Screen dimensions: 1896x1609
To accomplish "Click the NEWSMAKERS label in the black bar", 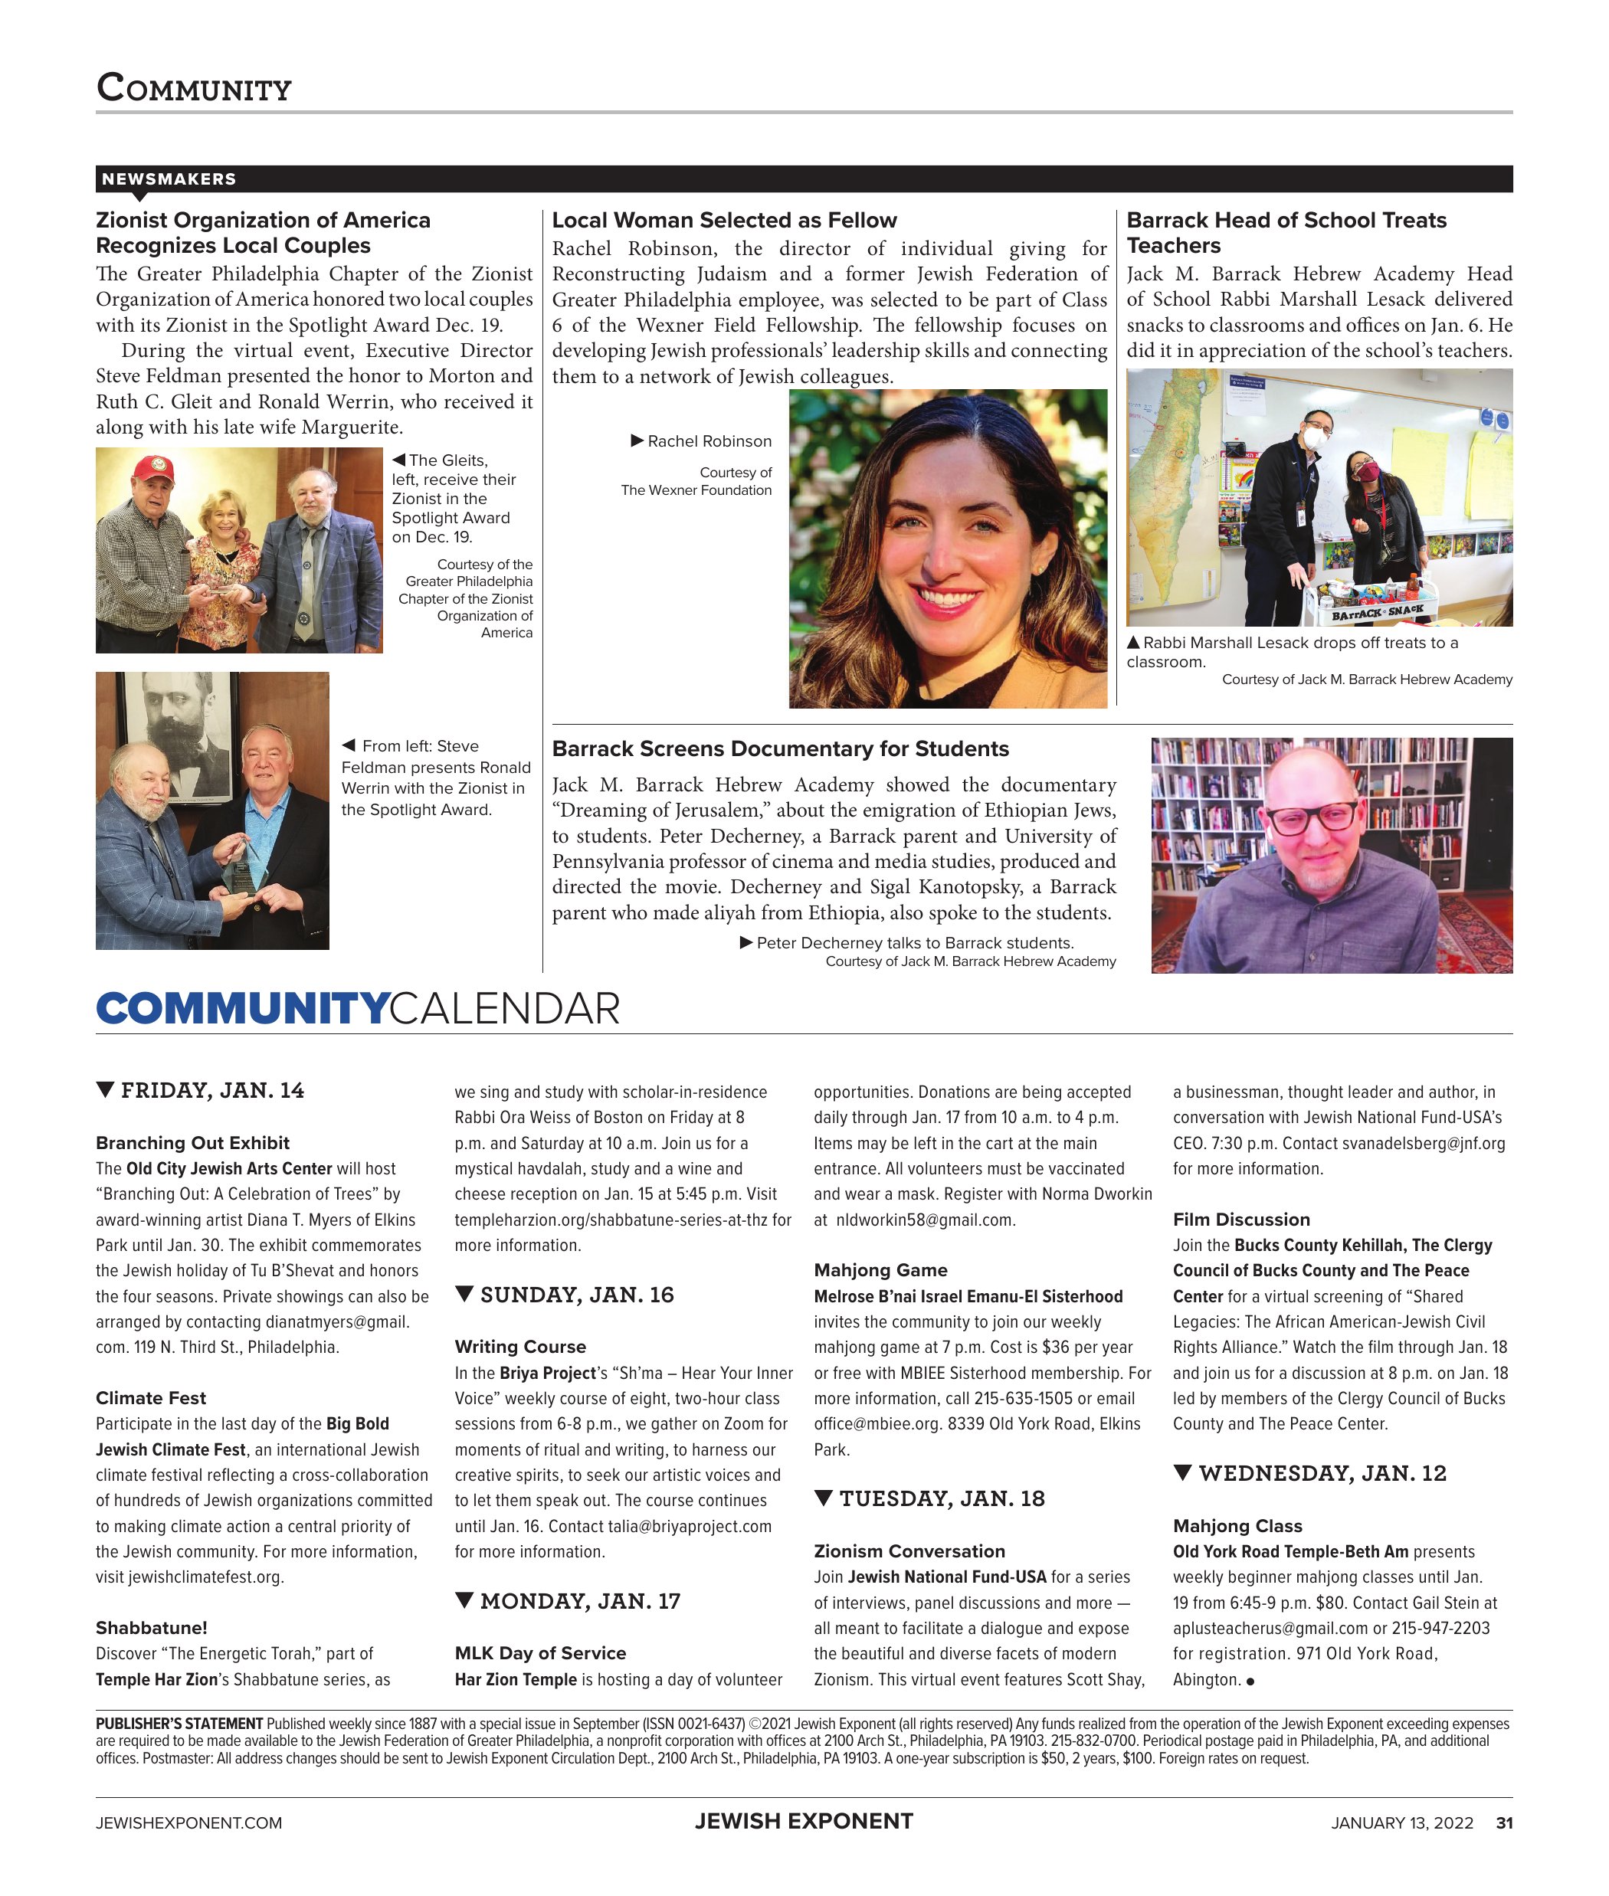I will point(169,178).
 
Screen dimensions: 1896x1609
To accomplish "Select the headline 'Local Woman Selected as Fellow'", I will point(724,220).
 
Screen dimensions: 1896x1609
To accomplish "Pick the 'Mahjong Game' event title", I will point(880,1269).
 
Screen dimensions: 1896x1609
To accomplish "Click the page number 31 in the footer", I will point(1504,1822).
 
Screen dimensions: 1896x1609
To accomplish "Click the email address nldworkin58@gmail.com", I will point(925,1220).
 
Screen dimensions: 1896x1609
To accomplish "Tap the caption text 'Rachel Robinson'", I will point(709,441).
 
